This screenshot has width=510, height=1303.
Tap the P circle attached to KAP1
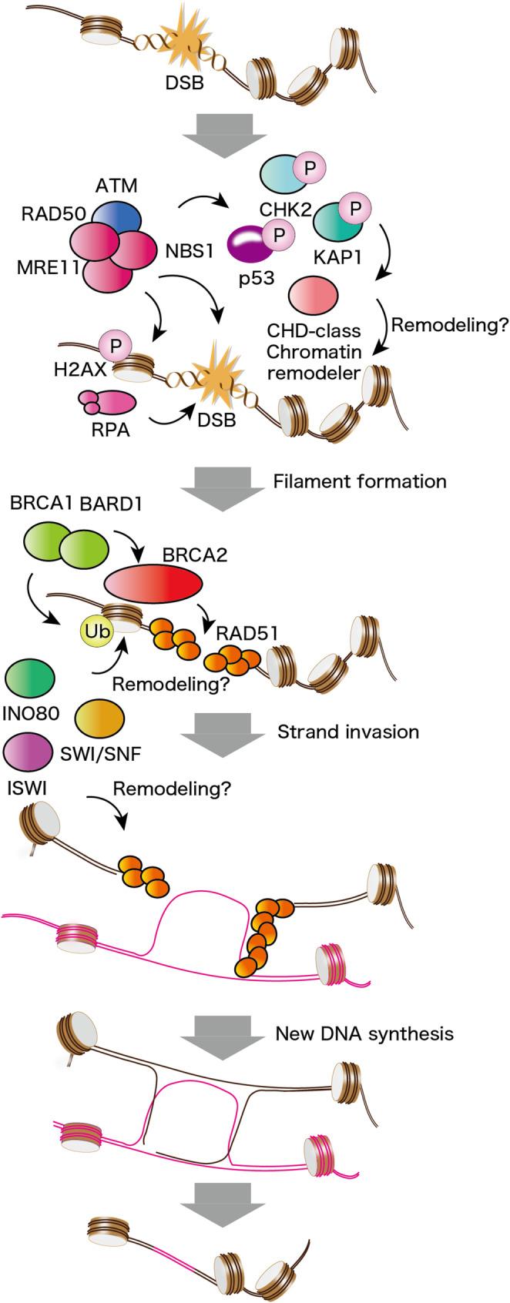pos(357,208)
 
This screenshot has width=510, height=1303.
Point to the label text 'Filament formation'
pos(360,482)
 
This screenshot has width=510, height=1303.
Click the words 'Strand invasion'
pos(347,732)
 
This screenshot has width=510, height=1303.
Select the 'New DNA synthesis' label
pos(364,1033)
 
